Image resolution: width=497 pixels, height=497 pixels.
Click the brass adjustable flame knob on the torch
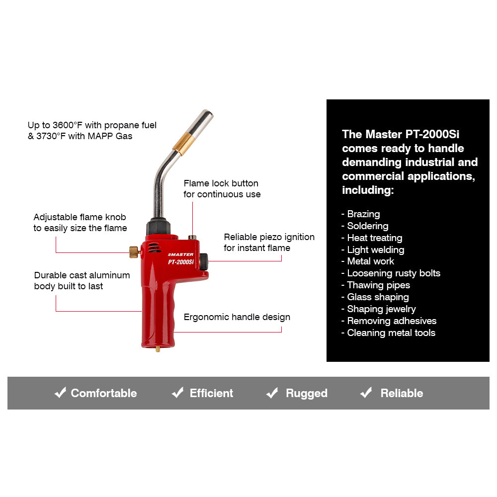134,252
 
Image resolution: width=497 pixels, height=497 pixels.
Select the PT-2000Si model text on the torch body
181,262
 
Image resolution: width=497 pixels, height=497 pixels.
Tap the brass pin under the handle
158,349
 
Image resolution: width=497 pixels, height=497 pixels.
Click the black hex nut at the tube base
158,228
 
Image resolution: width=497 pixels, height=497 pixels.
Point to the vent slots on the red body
156,247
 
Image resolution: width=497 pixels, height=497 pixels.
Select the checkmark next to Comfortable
60,393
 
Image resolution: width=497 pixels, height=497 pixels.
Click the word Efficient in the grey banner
211,393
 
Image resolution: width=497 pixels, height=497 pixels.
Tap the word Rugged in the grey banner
306,394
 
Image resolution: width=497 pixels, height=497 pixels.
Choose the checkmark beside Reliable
366,393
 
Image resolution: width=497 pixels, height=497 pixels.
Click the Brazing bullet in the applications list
363,214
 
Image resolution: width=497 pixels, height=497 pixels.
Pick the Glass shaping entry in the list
377,297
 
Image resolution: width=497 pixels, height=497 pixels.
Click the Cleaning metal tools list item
391,333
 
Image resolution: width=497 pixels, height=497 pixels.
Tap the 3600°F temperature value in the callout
68,125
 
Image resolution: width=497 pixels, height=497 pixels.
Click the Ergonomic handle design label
237,317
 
